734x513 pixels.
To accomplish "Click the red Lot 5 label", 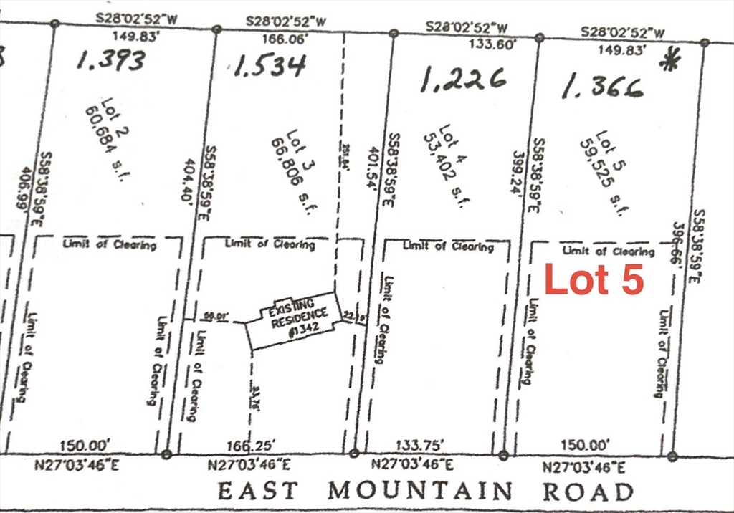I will coord(594,280).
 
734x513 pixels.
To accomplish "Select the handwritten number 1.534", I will coord(270,67).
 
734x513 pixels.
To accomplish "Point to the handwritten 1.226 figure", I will coord(462,80).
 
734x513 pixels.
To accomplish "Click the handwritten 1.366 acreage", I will coord(602,87).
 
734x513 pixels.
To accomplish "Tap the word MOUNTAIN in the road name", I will coord(421,492).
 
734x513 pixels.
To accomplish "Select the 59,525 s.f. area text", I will coord(604,172).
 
